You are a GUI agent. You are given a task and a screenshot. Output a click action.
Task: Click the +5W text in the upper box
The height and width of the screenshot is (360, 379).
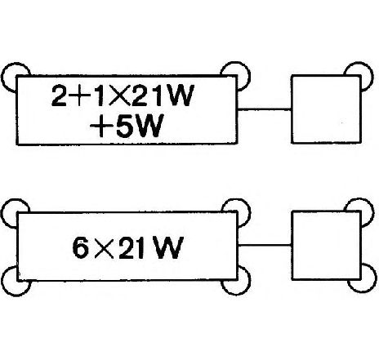pos(127,126)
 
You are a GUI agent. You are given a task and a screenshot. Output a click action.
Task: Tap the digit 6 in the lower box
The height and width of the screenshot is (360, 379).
pos(80,247)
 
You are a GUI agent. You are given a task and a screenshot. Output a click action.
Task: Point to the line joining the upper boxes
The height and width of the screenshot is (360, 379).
pos(265,109)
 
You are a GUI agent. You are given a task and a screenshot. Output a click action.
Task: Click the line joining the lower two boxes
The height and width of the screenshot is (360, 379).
pos(265,246)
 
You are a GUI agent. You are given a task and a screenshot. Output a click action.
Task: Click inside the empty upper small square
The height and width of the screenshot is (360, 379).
pos(326,109)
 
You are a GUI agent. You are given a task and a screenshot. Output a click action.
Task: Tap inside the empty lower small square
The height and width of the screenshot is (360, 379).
pos(326,246)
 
